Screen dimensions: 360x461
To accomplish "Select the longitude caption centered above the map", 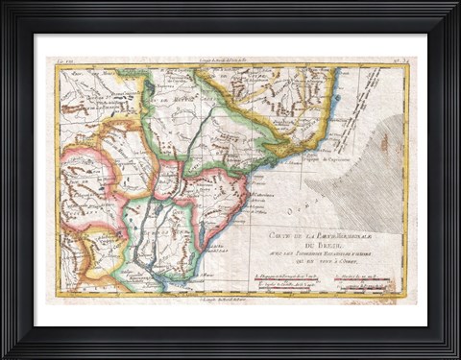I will coord(230,61).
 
